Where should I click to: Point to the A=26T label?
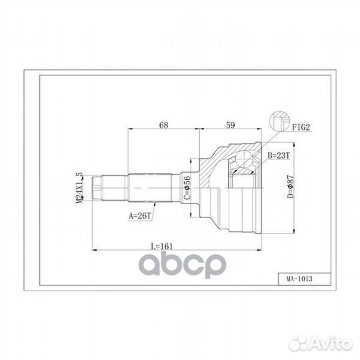coord(139,215)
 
